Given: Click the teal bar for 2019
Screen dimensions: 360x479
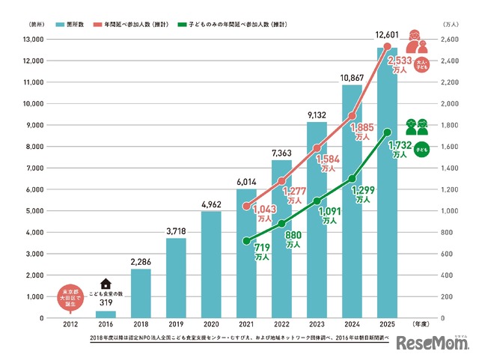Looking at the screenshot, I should (x=176, y=278).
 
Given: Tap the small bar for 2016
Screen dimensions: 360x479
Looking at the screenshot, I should (x=106, y=314).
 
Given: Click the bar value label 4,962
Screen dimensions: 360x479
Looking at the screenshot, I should (x=212, y=203).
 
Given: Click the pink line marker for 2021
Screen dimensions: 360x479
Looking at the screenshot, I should (x=247, y=206).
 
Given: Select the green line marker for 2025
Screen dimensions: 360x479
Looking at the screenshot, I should (x=387, y=132).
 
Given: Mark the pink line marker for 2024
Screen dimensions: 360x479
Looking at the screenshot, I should (x=352, y=115).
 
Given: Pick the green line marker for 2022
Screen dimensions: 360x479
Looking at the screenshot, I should (x=282, y=224).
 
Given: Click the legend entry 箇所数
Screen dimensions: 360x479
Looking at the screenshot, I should (x=70, y=25).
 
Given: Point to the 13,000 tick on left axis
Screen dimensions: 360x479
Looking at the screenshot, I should (x=34, y=40).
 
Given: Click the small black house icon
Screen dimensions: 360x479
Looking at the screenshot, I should (x=106, y=284).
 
